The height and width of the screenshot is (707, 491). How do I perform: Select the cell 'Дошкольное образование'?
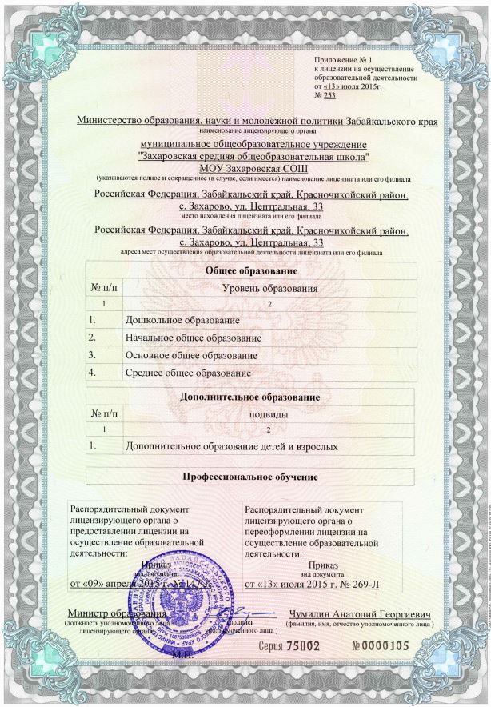click(178, 321)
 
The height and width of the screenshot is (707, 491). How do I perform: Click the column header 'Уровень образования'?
click(269, 288)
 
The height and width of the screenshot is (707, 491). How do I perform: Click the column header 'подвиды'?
click(269, 413)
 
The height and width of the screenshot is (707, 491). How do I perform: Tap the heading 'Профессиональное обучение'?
click(252, 477)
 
